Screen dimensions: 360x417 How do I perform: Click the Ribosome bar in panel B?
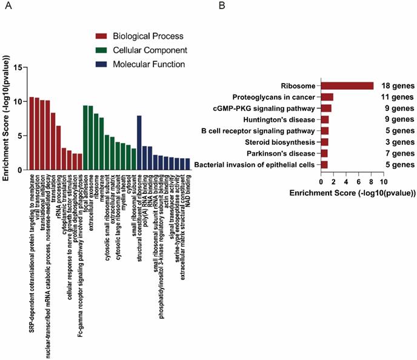pos(347,86)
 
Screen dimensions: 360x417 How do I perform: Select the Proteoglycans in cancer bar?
pos(327,97)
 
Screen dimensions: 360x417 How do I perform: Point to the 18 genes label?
pos(398,86)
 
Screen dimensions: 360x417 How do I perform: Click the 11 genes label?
pos(398,97)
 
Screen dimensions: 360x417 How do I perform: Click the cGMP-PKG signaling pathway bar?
pos(326,108)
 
